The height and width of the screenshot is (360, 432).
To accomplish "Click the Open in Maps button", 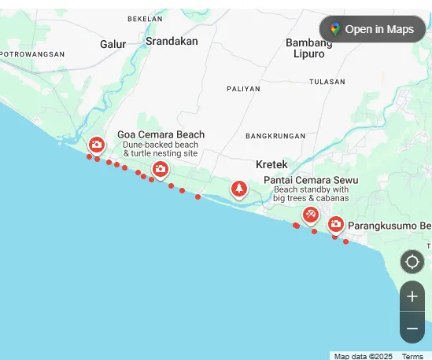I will (372, 29).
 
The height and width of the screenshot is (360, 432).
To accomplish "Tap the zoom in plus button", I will (412, 296).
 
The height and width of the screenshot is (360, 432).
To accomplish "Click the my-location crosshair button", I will (412, 262).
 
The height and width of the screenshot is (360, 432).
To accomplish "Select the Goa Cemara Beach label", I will (161, 134).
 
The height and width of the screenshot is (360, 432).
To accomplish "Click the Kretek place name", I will (271, 164).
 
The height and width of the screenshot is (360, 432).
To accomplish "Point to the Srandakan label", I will (172, 42).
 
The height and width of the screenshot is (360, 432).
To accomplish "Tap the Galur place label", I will (113, 44).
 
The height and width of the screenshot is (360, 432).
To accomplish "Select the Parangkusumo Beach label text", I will (390, 226).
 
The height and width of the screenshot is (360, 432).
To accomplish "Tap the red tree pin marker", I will (239, 189).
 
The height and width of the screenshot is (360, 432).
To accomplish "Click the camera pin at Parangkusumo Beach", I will (336, 224).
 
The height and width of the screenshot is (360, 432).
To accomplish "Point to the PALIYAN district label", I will (243, 89).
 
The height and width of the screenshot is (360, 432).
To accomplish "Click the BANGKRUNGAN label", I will (275, 136).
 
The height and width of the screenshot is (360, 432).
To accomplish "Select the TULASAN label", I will (327, 82).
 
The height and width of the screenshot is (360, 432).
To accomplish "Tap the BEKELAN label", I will (145, 18).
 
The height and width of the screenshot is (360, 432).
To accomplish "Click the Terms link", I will (412, 356).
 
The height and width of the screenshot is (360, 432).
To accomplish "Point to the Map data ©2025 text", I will (363, 356).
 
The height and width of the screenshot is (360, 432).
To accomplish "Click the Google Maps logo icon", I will (335, 29).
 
